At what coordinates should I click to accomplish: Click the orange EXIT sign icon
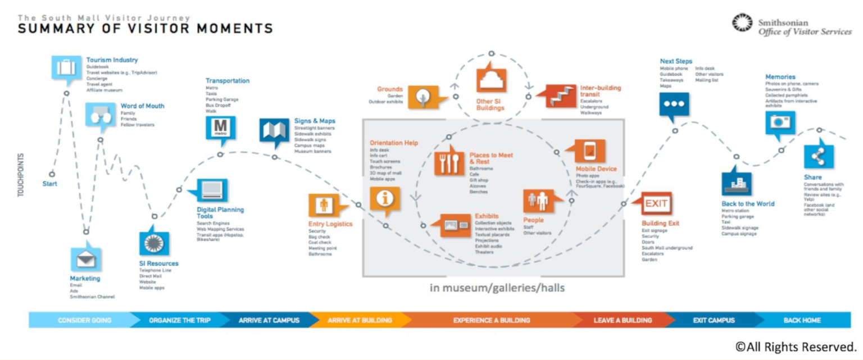pyautogui.click(x=656, y=203)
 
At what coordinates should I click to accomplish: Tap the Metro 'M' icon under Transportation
pyautogui.click(x=220, y=127)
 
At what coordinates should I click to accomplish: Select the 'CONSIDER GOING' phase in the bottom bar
pyautogui.click(x=84, y=320)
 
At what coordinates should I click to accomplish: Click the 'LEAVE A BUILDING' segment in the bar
pyautogui.click(x=623, y=320)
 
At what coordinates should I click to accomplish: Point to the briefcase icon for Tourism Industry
pyautogui.click(x=66, y=68)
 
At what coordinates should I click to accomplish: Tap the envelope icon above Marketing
pyautogui.click(x=85, y=259)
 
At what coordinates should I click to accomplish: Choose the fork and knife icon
pyautogui.click(x=449, y=162)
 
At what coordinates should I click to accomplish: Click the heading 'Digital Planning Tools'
pyautogui.click(x=220, y=213)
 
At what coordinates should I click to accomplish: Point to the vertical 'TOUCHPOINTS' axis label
pyautogui.click(x=21, y=174)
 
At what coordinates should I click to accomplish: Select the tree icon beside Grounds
pyautogui.click(x=423, y=97)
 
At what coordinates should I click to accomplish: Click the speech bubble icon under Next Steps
pyautogui.click(x=674, y=104)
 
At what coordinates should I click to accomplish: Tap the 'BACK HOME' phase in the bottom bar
pyautogui.click(x=802, y=320)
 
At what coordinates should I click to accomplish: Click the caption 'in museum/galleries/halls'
pyautogui.click(x=497, y=288)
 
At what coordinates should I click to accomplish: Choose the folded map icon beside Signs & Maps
pyautogui.click(x=274, y=131)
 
